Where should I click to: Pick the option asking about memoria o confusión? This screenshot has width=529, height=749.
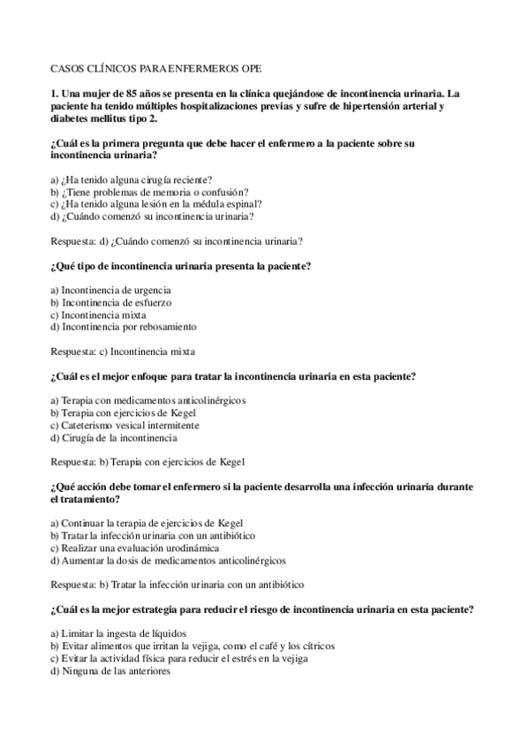149,191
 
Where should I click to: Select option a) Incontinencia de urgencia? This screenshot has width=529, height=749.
110,290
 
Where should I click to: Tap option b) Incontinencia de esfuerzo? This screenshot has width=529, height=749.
110,302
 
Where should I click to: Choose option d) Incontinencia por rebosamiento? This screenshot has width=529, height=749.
123,327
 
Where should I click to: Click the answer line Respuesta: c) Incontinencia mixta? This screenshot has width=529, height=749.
123,352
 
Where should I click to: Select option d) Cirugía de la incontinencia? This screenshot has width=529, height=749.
114,437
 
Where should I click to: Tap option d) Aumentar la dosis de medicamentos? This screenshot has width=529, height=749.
167,560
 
